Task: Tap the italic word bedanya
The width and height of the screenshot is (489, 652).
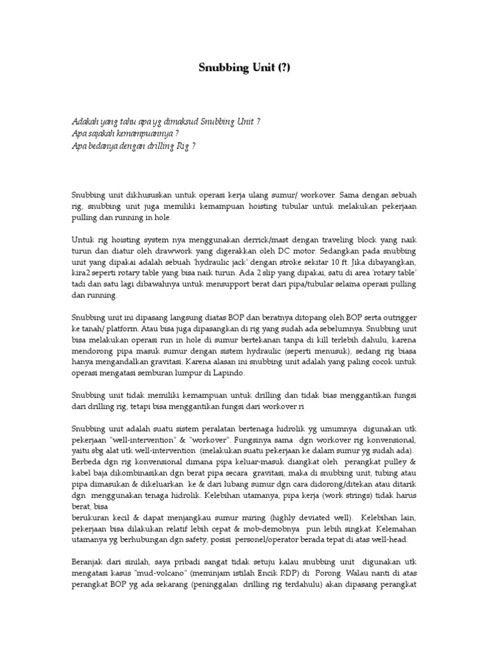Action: [103, 146]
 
